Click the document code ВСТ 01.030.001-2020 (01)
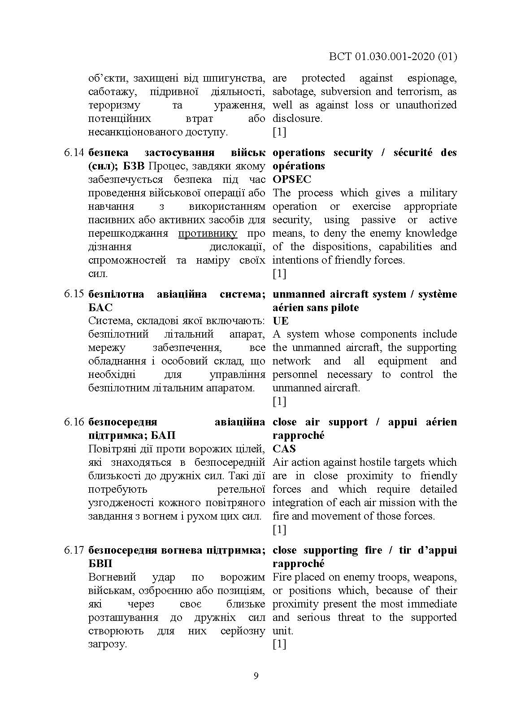(x=393, y=56)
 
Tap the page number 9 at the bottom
(x=256, y=676)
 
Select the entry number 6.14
(x=74, y=153)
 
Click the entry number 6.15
(x=74, y=294)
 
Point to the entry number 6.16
(x=74, y=422)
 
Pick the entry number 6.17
(x=74, y=550)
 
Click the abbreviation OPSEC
(x=291, y=179)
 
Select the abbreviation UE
(x=280, y=321)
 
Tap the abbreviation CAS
(x=284, y=449)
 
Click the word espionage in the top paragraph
(x=431, y=78)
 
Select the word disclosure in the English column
(x=296, y=119)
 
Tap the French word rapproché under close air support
(x=298, y=436)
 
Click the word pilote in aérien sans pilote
(x=344, y=308)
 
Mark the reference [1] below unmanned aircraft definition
(x=279, y=401)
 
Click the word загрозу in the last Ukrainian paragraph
(x=108, y=644)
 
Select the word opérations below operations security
(x=298, y=166)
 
